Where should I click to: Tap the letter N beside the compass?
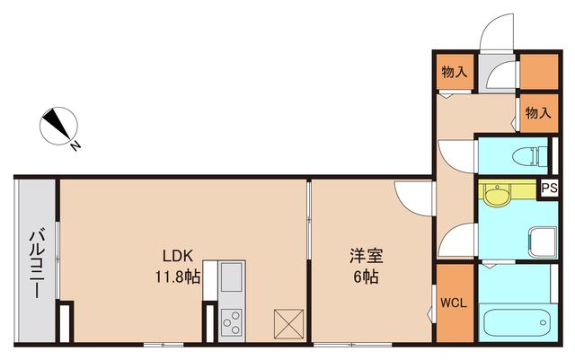click(78, 144)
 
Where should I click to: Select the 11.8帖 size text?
click(178, 277)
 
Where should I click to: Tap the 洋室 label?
click(364, 255)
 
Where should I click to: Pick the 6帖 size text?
click(364, 277)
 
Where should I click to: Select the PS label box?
click(549, 189)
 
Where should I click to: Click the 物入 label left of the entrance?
click(453, 72)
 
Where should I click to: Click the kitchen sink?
click(229, 275)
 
